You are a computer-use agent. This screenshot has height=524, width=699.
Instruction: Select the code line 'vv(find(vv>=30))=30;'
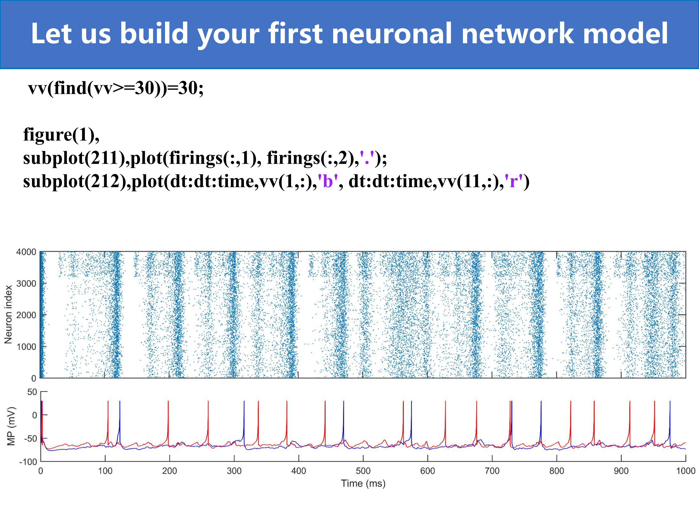(x=116, y=88)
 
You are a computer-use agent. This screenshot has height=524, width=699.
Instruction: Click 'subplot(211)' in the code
(x=74, y=158)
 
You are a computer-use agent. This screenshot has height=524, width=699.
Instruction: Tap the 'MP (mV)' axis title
(x=11, y=426)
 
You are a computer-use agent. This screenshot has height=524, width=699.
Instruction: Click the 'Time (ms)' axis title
(x=363, y=483)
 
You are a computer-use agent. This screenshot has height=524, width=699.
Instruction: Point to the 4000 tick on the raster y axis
(x=26, y=252)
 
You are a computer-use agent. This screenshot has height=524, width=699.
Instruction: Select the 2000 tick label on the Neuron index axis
(x=26, y=315)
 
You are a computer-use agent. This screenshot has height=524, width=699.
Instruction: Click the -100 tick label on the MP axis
(x=28, y=462)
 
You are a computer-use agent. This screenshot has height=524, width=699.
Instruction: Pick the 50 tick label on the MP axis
(x=32, y=392)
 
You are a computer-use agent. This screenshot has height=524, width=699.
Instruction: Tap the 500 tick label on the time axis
(x=363, y=471)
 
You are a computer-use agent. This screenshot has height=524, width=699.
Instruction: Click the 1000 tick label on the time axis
(x=685, y=471)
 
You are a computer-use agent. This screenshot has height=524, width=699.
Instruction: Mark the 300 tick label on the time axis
(x=234, y=471)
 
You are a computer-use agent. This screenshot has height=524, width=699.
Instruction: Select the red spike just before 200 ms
(x=168, y=423)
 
